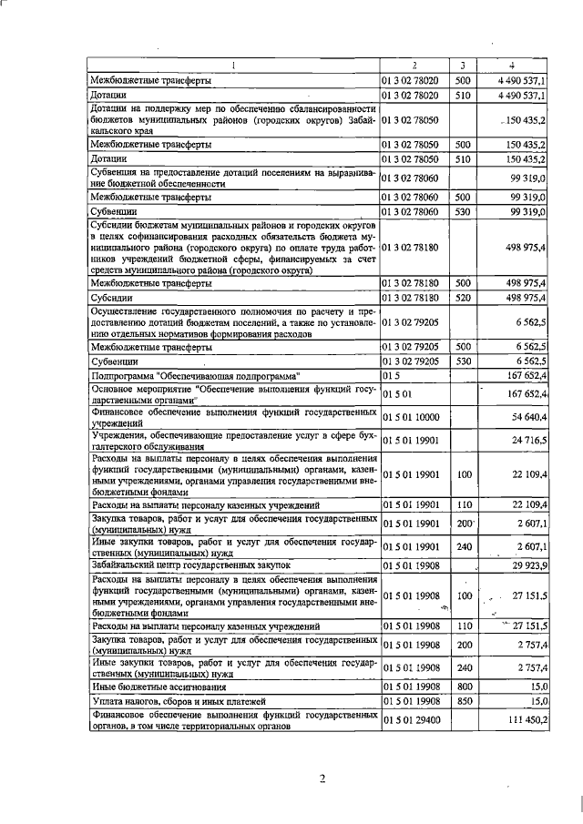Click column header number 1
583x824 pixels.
(233, 65)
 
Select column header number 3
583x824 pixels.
(463, 65)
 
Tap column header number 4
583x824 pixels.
(512, 65)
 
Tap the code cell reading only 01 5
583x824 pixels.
(391, 375)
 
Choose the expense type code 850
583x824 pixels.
(465, 700)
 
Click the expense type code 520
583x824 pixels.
(465, 297)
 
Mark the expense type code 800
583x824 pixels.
(465, 685)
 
